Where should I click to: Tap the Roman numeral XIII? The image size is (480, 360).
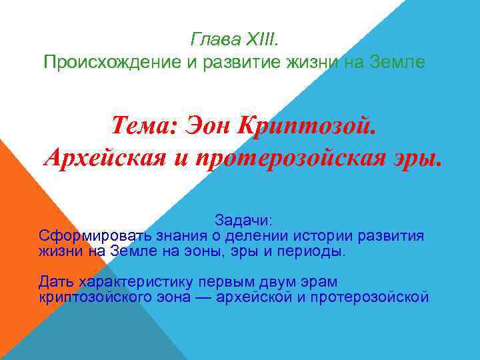pyautogui.click(x=265, y=39)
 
